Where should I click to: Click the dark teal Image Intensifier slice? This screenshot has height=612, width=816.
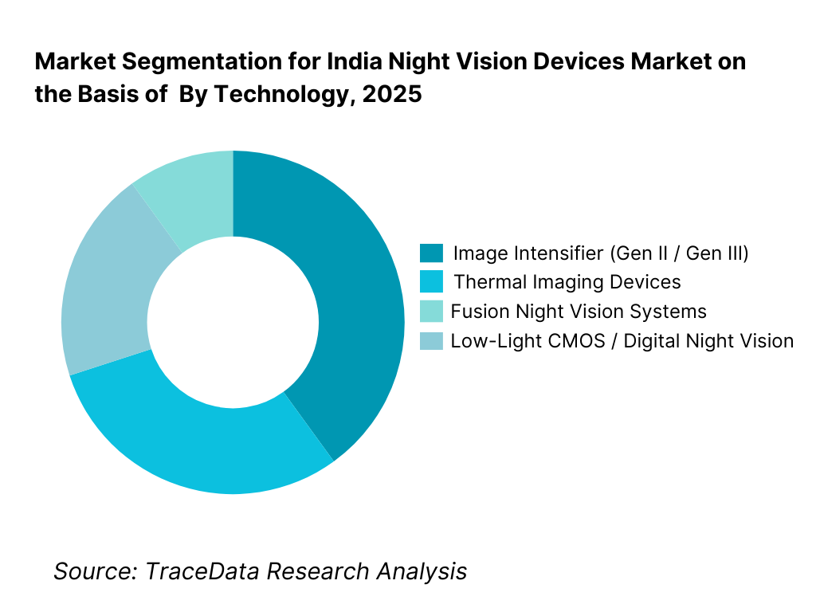coord(351,303)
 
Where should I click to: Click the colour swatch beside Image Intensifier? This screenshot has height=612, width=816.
coord(430,253)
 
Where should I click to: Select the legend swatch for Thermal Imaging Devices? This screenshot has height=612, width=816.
coord(430,282)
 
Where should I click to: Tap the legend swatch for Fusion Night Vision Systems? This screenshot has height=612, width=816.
coord(430,312)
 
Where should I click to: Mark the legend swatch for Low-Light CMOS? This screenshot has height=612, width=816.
coord(430,341)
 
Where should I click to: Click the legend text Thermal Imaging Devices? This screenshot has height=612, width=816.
coord(567,282)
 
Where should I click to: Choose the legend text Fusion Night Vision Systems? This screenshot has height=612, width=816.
coord(579,312)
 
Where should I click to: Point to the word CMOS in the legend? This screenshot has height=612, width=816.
coord(588,341)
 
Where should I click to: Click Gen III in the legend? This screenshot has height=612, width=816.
coord(716,253)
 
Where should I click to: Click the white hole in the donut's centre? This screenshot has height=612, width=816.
coord(233,322)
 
